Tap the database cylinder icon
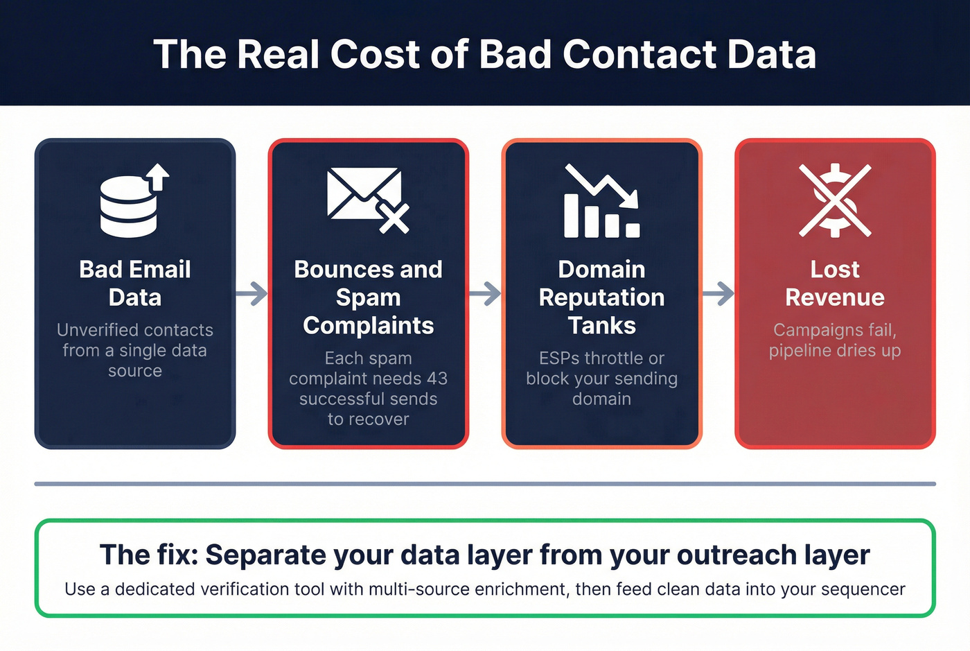(x=129, y=207)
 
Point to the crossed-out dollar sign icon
(x=835, y=200)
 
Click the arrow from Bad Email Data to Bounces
(x=252, y=293)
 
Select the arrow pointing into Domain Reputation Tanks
(x=485, y=293)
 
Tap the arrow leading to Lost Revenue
(x=718, y=293)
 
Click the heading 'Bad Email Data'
(x=135, y=283)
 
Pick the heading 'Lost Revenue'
(x=835, y=283)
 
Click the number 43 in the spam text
(x=436, y=379)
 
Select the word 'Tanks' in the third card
(x=601, y=325)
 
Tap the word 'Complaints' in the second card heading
(x=368, y=325)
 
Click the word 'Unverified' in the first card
(x=95, y=330)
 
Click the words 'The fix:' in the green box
(x=149, y=555)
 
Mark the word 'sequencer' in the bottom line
(x=863, y=589)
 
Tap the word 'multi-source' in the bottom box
(x=412, y=589)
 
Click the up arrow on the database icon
(x=159, y=176)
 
